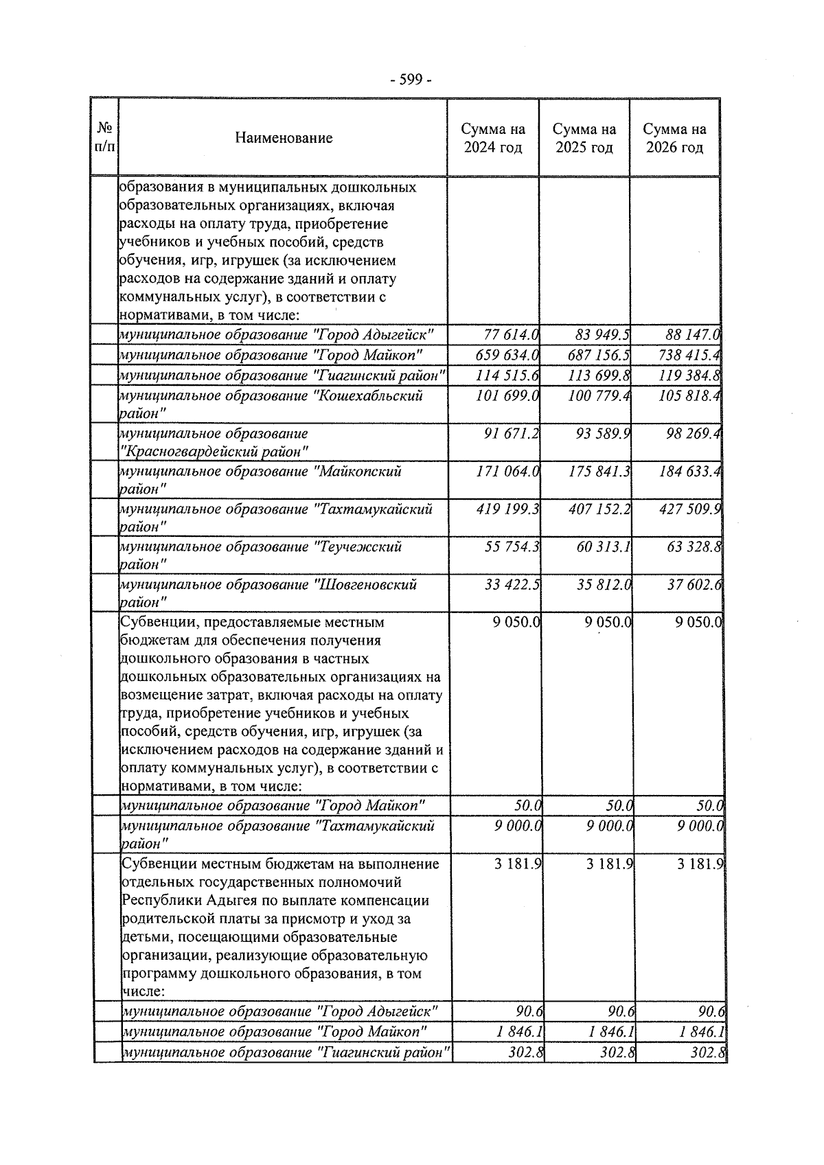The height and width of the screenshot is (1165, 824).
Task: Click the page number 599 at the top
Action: coord(411,80)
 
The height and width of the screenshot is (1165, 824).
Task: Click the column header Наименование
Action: coord(284,138)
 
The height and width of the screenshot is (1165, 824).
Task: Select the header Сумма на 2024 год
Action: coord(492,138)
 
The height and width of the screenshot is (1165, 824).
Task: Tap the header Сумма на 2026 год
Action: coord(674,138)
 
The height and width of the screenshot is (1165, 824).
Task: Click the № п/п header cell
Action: coord(105,138)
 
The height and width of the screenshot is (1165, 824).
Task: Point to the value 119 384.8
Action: coord(689,376)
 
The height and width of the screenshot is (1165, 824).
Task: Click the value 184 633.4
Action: coord(689,472)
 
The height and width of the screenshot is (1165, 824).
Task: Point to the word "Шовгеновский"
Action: coord(367,585)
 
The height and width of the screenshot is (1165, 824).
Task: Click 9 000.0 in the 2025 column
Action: coord(608,826)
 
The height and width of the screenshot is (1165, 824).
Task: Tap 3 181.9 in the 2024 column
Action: coord(518,864)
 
